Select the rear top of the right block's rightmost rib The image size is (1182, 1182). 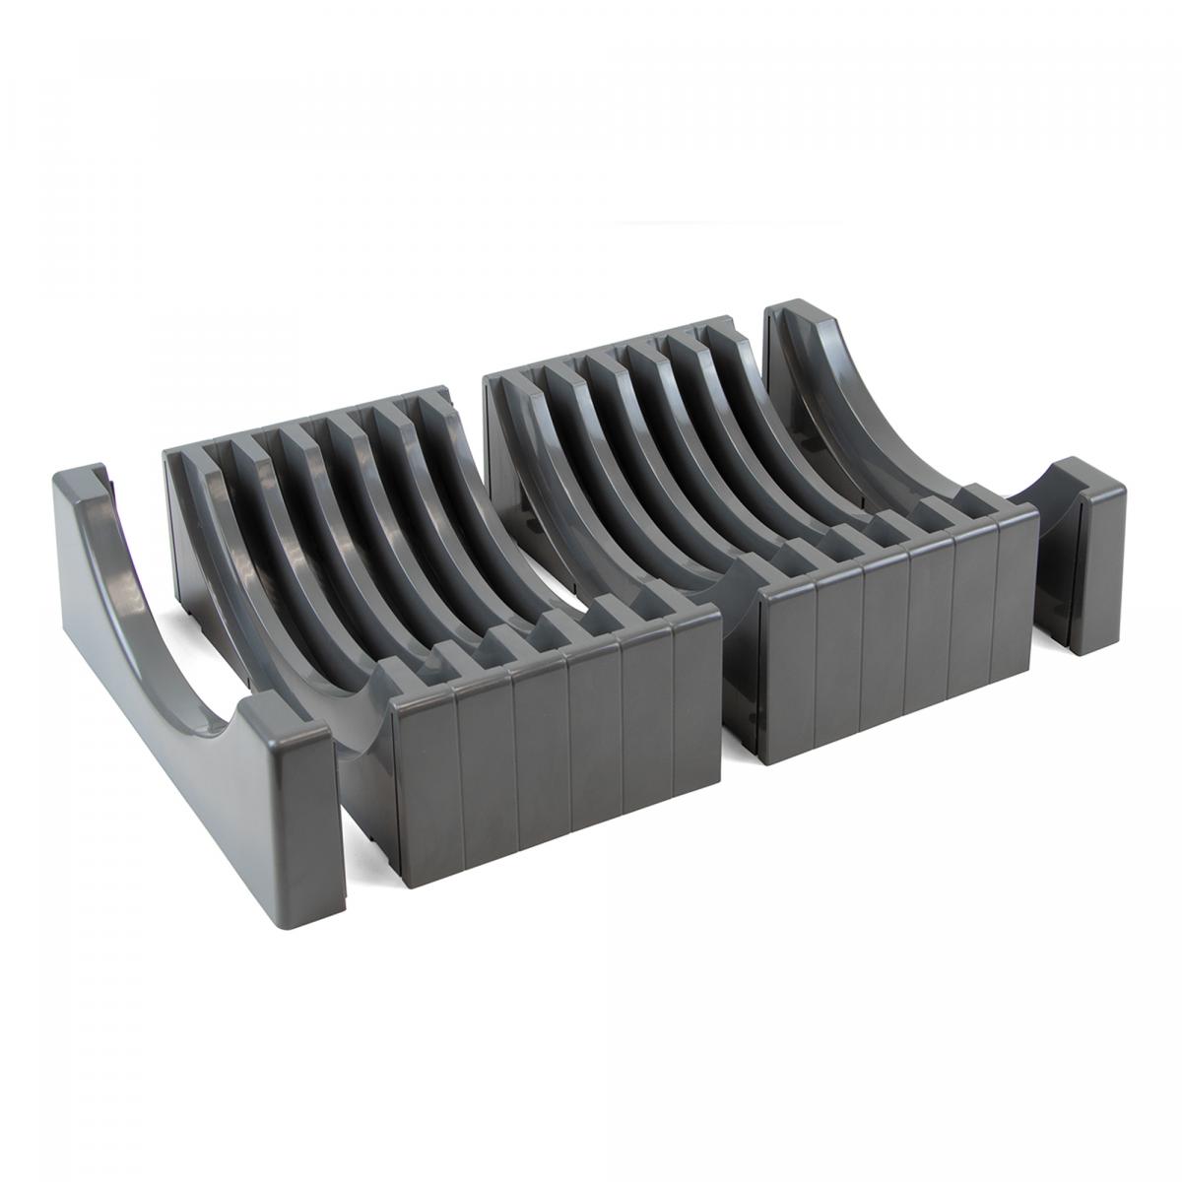click(729, 325)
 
